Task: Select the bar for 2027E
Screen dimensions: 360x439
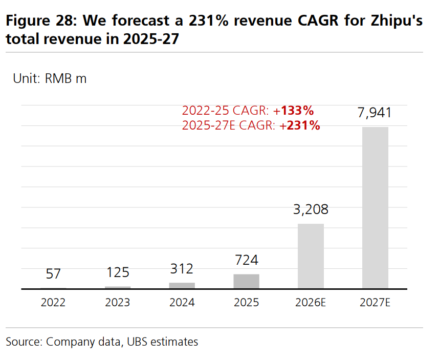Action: click(375, 207)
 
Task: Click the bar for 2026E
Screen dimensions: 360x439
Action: click(311, 256)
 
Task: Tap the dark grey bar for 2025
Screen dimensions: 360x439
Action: click(246, 281)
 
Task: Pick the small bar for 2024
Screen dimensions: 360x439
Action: click(182, 286)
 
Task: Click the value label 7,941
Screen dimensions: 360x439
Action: click(375, 113)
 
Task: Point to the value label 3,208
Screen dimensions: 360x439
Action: click(311, 209)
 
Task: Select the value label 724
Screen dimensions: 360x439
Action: click(246, 261)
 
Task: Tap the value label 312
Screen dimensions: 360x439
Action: click(182, 268)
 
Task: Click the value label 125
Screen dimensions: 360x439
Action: click(118, 272)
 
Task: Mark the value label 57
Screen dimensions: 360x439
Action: click(53, 274)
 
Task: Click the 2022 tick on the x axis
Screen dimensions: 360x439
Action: click(53, 303)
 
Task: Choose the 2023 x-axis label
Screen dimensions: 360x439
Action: click(118, 303)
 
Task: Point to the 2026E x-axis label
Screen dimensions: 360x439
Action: click(311, 303)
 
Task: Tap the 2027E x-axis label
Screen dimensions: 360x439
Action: click(375, 303)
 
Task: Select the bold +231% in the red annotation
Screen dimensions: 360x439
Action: click(300, 125)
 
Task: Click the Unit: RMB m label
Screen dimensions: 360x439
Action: click(50, 79)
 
